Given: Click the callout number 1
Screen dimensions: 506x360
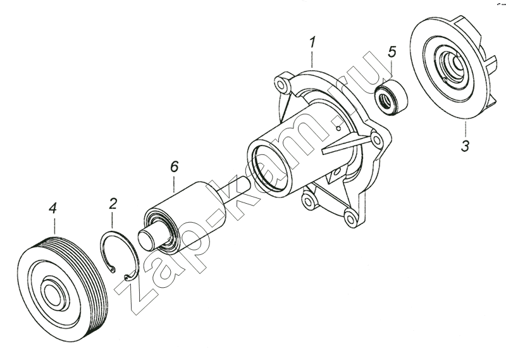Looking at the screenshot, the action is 312,43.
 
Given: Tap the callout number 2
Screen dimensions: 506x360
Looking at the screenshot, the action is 113,204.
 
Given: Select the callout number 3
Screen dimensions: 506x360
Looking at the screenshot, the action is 465,146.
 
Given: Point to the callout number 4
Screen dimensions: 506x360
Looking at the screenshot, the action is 53,209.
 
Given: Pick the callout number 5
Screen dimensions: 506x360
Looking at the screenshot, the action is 392,52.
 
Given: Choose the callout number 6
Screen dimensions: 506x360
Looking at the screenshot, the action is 174,167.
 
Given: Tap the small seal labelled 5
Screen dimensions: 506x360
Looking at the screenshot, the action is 390,96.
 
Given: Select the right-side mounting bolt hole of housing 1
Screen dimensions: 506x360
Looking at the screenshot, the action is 376,140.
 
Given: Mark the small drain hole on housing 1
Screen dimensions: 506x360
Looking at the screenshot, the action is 338,128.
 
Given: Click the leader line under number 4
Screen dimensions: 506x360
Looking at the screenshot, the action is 54,226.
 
